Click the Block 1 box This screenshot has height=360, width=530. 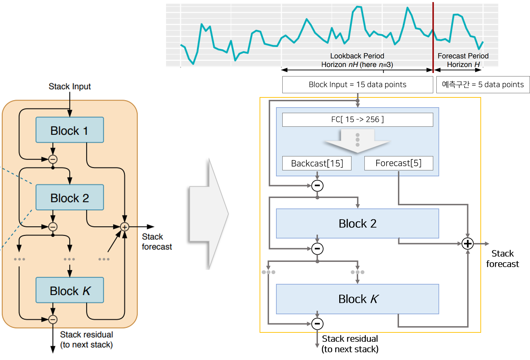tap(70, 130)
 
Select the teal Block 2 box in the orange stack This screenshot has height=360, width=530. tap(70, 197)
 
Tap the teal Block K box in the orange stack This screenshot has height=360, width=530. tap(70, 290)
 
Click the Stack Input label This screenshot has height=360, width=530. tap(70, 86)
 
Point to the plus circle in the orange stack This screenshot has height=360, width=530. tap(124, 227)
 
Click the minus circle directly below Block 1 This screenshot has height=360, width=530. tap(53, 159)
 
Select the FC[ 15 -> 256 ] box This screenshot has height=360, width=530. tap(357, 120)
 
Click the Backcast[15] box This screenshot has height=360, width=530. tap(317, 163)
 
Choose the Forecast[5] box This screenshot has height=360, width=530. tap(399, 163)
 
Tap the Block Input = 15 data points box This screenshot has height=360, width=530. tap(357, 85)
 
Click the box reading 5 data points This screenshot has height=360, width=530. tap(483, 85)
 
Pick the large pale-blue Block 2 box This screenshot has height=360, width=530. tap(357, 223)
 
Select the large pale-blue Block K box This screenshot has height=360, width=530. tap(357, 299)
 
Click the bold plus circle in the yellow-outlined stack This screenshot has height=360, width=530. tap(467, 244)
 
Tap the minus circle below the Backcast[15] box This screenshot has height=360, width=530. tap(317, 186)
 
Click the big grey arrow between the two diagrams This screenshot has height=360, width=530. tap(209, 214)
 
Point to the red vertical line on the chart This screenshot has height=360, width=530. tap(433, 37)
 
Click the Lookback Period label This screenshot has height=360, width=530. tap(357, 56)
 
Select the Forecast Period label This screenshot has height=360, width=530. tap(463, 56)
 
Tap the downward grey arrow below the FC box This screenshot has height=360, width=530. tap(357, 141)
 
